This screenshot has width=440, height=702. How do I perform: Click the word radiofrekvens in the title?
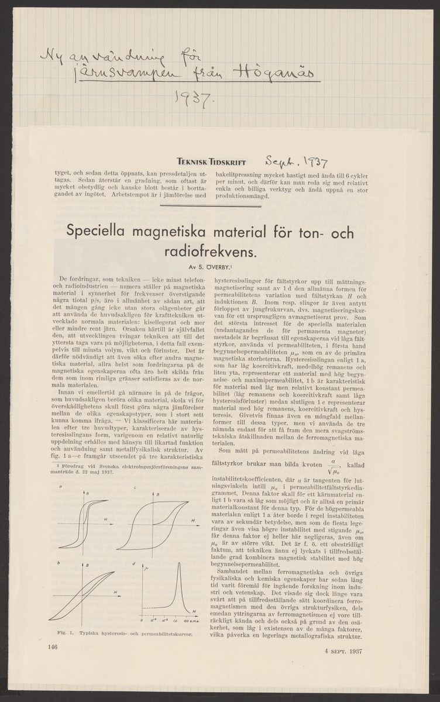[x=207, y=253]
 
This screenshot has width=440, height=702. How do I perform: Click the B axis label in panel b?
[x=88, y=565]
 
